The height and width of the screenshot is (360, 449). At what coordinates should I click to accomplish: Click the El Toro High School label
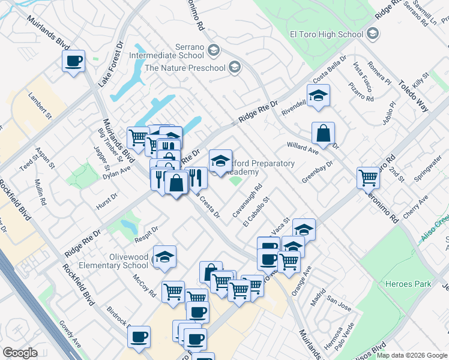pos(326,34)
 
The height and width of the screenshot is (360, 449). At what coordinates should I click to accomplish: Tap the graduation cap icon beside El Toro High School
pos(373,34)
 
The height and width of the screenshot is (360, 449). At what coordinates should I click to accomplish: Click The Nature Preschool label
pos(185,68)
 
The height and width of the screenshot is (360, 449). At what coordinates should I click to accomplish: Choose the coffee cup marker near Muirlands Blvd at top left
pos(73,61)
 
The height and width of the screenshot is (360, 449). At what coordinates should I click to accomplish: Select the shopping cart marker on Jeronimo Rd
pos(368,177)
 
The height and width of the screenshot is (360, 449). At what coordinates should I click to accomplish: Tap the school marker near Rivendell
pos(318,95)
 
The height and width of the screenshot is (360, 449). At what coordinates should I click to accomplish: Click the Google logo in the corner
pos(20,353)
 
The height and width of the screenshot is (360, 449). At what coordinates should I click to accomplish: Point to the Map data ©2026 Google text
pos(412,355)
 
